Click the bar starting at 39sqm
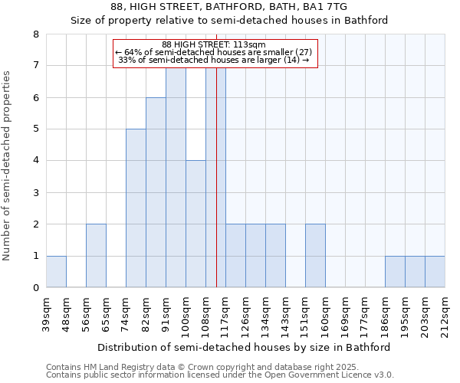[56, 271]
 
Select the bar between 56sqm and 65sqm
[96, 256]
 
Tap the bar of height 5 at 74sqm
[136, 208]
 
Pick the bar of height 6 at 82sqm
[156, 192]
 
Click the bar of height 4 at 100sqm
[195, 224]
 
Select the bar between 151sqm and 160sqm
[315, 256]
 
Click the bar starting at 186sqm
[395, 271]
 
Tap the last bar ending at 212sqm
[435, 271]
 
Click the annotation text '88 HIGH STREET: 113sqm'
[214, 45]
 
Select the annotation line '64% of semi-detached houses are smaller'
[214, 52]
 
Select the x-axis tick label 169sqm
[346, 314]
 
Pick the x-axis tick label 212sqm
[445, 314]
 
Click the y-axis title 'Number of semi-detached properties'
[8, 165]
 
